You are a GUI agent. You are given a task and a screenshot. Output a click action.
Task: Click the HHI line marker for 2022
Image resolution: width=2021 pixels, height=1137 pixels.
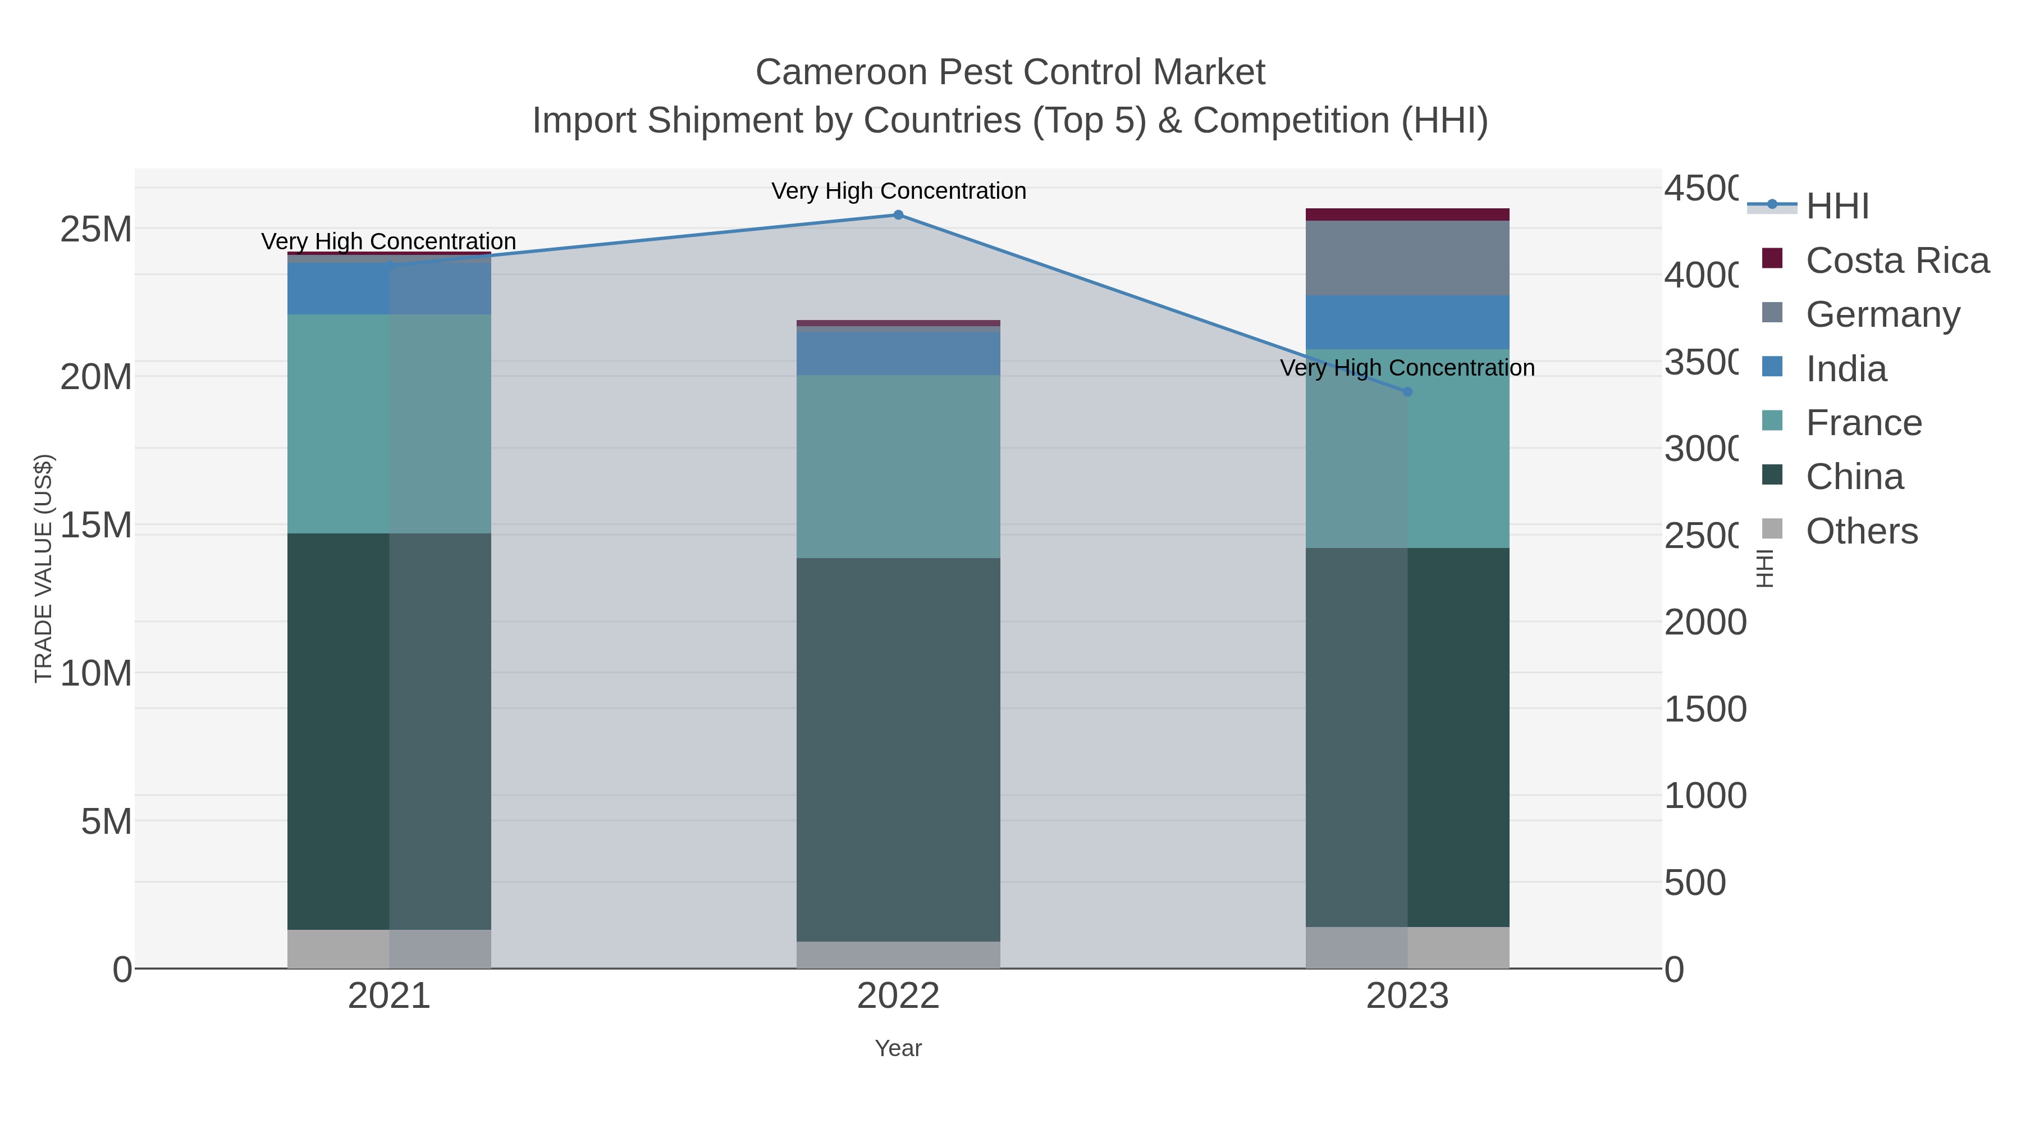pos(898,215)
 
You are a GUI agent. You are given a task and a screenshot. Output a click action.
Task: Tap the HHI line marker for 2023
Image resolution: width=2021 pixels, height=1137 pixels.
pos(1407,391)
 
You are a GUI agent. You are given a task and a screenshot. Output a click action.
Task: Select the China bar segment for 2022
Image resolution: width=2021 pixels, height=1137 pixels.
pos(898,750)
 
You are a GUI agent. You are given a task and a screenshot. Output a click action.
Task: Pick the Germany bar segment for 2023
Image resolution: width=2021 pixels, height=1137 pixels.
pos(1407,258)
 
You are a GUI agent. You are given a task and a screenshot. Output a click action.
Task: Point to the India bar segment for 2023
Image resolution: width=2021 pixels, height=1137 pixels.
pos(1407,322)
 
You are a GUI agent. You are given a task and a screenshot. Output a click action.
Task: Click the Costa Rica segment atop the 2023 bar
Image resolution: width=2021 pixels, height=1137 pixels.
pos(1407,214)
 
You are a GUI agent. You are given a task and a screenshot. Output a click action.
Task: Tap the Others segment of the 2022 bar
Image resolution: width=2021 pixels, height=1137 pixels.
pos(898,954)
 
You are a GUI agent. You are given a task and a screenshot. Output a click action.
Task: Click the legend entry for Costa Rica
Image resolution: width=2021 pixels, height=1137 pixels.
pos(1896,261)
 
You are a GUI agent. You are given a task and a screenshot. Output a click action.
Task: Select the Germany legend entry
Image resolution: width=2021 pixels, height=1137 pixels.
pos(1882,314)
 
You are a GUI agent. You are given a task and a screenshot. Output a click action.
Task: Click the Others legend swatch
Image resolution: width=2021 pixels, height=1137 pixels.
pos(1772,529)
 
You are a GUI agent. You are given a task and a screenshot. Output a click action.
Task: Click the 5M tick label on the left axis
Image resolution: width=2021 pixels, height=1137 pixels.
pos(106,821)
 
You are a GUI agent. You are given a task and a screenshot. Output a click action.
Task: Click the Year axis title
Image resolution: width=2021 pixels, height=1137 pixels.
pos(898,1048)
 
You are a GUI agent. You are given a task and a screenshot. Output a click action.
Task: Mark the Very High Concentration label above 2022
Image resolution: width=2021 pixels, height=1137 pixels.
pos(898,191)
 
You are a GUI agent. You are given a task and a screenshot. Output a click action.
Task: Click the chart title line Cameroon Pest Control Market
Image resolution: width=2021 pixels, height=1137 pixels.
pos(1010,72)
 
